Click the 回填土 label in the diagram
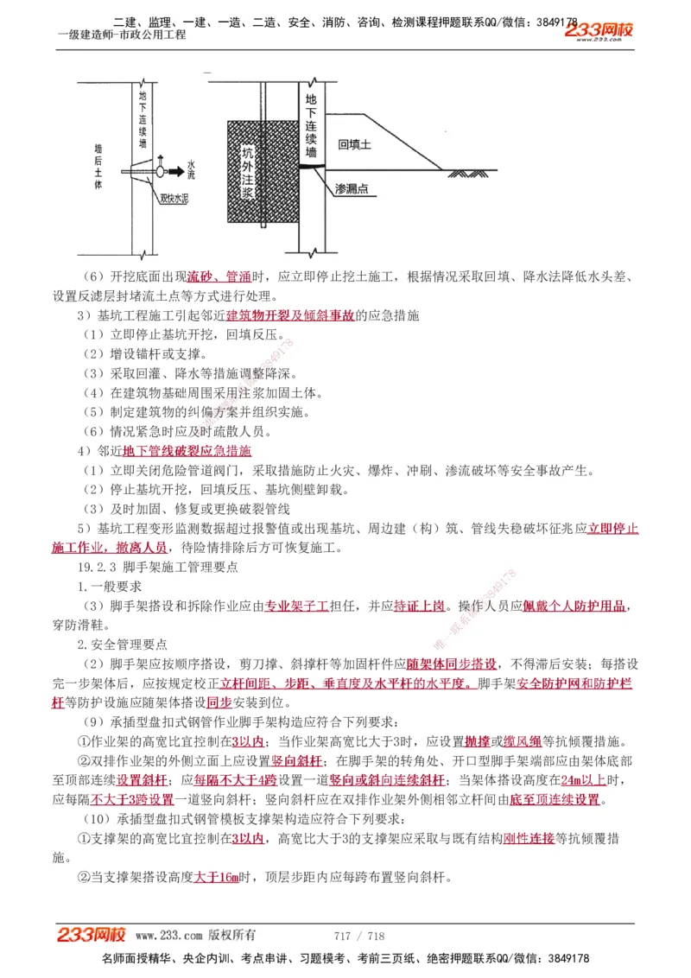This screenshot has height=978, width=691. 354,145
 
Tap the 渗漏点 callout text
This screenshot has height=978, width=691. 353,189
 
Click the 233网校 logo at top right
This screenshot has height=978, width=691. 599,31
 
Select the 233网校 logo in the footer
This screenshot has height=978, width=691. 92,935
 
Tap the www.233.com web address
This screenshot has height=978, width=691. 168,936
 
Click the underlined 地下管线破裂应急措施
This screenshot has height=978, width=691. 187,451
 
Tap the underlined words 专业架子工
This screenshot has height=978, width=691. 296,606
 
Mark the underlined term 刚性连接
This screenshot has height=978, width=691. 528,839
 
